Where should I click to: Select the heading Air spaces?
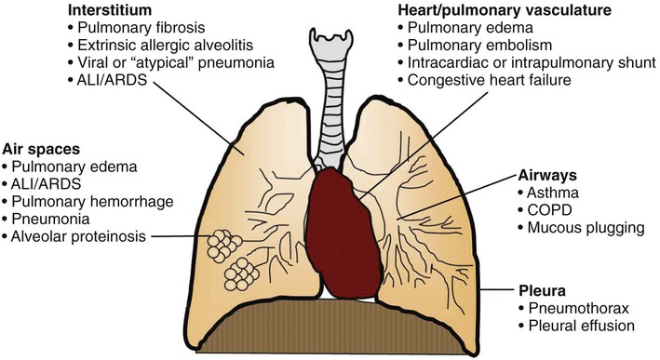[41, 149]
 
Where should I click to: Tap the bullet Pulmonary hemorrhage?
[82, 202]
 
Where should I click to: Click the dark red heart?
[343, 233]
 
